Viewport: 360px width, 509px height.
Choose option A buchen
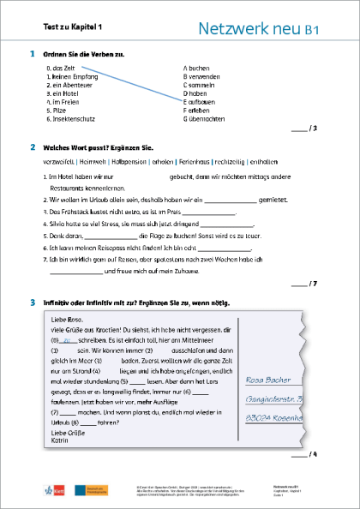click(x=198, y=67)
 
